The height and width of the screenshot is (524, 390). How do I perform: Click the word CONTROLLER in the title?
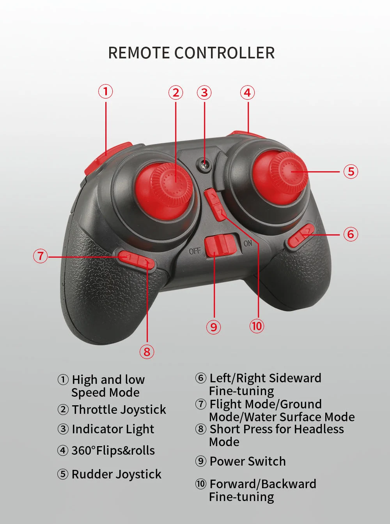[x=224, y=53]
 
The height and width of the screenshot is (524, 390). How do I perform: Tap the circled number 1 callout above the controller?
[x=105, y=91]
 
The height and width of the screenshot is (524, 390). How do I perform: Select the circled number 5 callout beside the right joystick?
[x=351, y=171]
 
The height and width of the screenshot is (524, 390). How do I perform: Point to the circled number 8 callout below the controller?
[x=147, y=352]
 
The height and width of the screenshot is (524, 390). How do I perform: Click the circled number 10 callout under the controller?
[x=257, y=326]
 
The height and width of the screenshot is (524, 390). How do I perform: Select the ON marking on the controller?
[x=248, y=243]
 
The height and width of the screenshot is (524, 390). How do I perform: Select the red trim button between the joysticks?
[x=215, y=204]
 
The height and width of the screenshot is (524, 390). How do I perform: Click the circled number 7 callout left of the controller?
[x=40, y=256]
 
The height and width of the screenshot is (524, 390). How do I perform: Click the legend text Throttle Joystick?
[x=119, y=410]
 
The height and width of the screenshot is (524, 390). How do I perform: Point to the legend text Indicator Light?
[x=113, y=429]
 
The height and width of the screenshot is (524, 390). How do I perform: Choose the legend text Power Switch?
[x=248, y=461]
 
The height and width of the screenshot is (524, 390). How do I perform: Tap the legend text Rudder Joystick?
[x=116, y=474]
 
